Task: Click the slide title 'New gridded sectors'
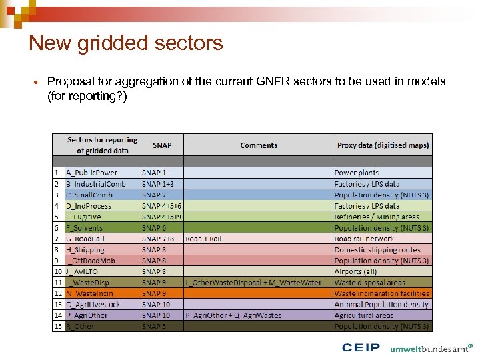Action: coord(126,43)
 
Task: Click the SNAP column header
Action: coord(161,145)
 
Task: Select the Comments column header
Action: coord(259,145)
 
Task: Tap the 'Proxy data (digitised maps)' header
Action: coord(383,145)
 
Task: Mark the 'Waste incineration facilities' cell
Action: coord(382,293)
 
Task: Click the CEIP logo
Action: coord(361,348)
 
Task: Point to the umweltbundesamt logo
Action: coord(431,348)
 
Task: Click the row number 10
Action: coord(58,271)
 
